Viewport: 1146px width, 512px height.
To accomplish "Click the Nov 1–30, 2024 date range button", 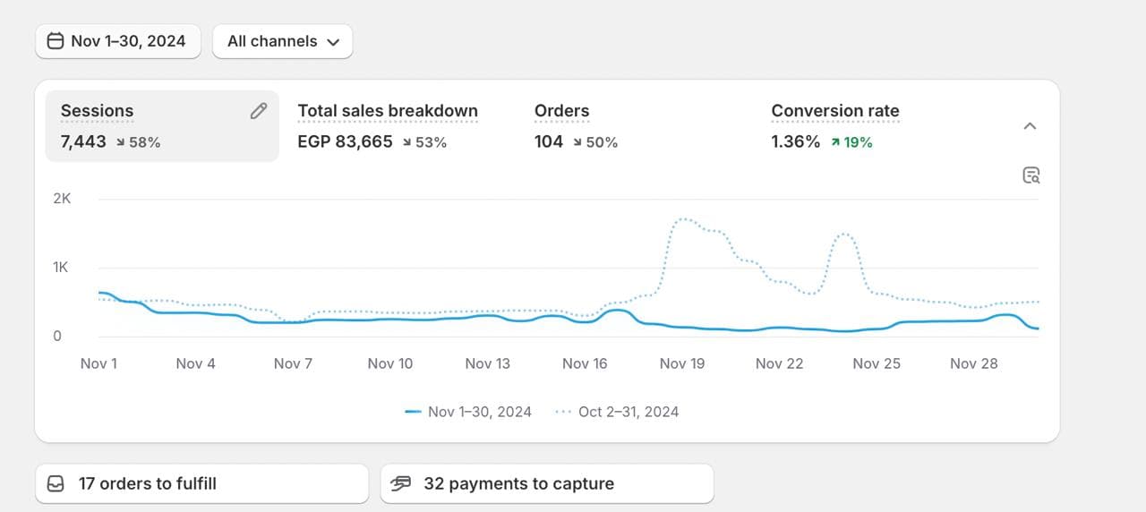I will coord(117,41).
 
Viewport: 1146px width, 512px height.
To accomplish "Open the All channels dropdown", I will coord(282,41).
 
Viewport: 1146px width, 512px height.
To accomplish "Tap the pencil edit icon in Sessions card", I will coord(259,111).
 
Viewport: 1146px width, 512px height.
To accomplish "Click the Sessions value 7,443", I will coord(83,141).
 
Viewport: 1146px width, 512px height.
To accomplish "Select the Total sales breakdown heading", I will coord(388,111).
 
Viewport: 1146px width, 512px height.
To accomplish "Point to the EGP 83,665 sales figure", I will coord(345,141).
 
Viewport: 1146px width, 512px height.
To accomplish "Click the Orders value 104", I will coord(549,141).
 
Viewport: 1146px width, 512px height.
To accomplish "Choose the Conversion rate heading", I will coord(835,111).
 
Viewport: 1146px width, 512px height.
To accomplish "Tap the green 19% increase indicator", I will coord(851,141).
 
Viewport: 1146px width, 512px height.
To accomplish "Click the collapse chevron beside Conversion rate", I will coord(1030,126).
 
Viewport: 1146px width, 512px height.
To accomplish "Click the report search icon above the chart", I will coord(1031,175).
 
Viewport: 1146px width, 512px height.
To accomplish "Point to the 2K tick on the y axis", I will coord(62,199).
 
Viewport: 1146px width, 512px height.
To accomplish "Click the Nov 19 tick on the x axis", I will coord(682,363).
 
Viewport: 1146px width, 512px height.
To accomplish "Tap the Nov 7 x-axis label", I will coord(293,363).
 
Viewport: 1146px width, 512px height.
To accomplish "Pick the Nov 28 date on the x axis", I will coord(973,363).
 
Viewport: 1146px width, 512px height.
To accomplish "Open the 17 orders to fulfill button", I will coord(201,483).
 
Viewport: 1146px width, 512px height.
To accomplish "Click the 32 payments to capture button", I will coord(546,483).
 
